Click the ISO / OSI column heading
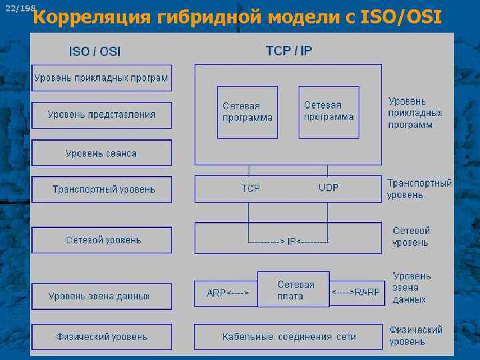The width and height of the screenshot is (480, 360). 95,51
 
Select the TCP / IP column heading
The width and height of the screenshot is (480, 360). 289,51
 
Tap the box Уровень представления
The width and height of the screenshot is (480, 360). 101,115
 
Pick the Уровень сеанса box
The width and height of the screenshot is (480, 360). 101,153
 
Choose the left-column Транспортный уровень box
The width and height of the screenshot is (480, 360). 101,189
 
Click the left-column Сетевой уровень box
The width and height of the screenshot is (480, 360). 101,240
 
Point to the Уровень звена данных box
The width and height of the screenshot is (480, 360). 101,296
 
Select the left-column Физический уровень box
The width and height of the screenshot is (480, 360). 101,337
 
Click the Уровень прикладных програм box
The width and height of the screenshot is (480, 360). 101,78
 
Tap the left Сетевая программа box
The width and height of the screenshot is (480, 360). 247,112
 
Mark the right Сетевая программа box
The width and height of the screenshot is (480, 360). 329,112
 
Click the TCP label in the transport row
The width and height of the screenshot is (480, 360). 251,189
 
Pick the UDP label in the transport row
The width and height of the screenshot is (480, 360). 329,189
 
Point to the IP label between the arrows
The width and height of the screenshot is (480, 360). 291,241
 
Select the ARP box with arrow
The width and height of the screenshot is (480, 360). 226,293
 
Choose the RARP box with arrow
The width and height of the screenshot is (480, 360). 357,293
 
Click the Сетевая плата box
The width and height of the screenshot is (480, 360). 293,289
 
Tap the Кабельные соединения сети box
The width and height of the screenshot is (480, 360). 288,337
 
